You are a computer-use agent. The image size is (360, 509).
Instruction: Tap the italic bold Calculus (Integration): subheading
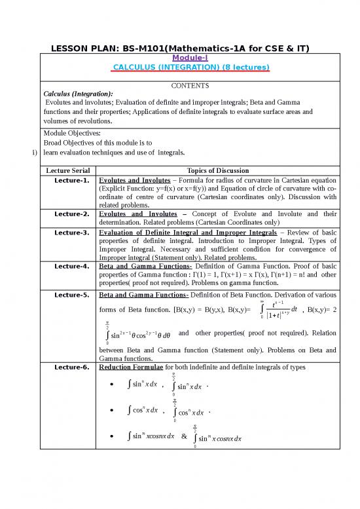[x=73, y=93]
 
